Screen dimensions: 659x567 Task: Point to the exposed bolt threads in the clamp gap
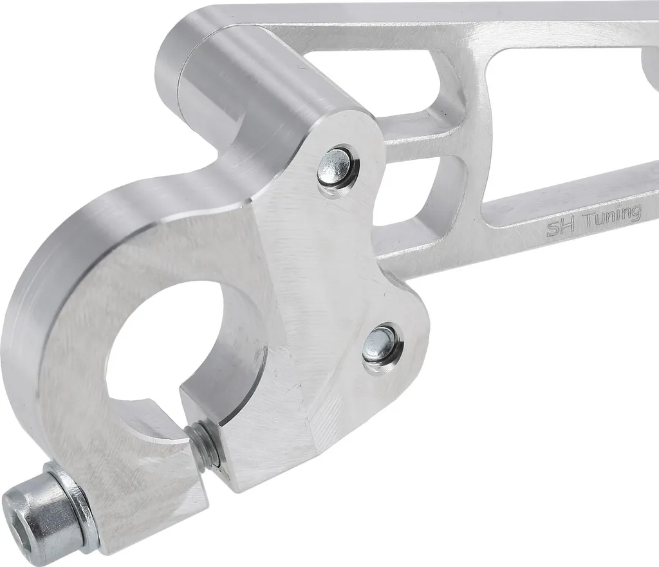204,446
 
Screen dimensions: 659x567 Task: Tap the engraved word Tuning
613,215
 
